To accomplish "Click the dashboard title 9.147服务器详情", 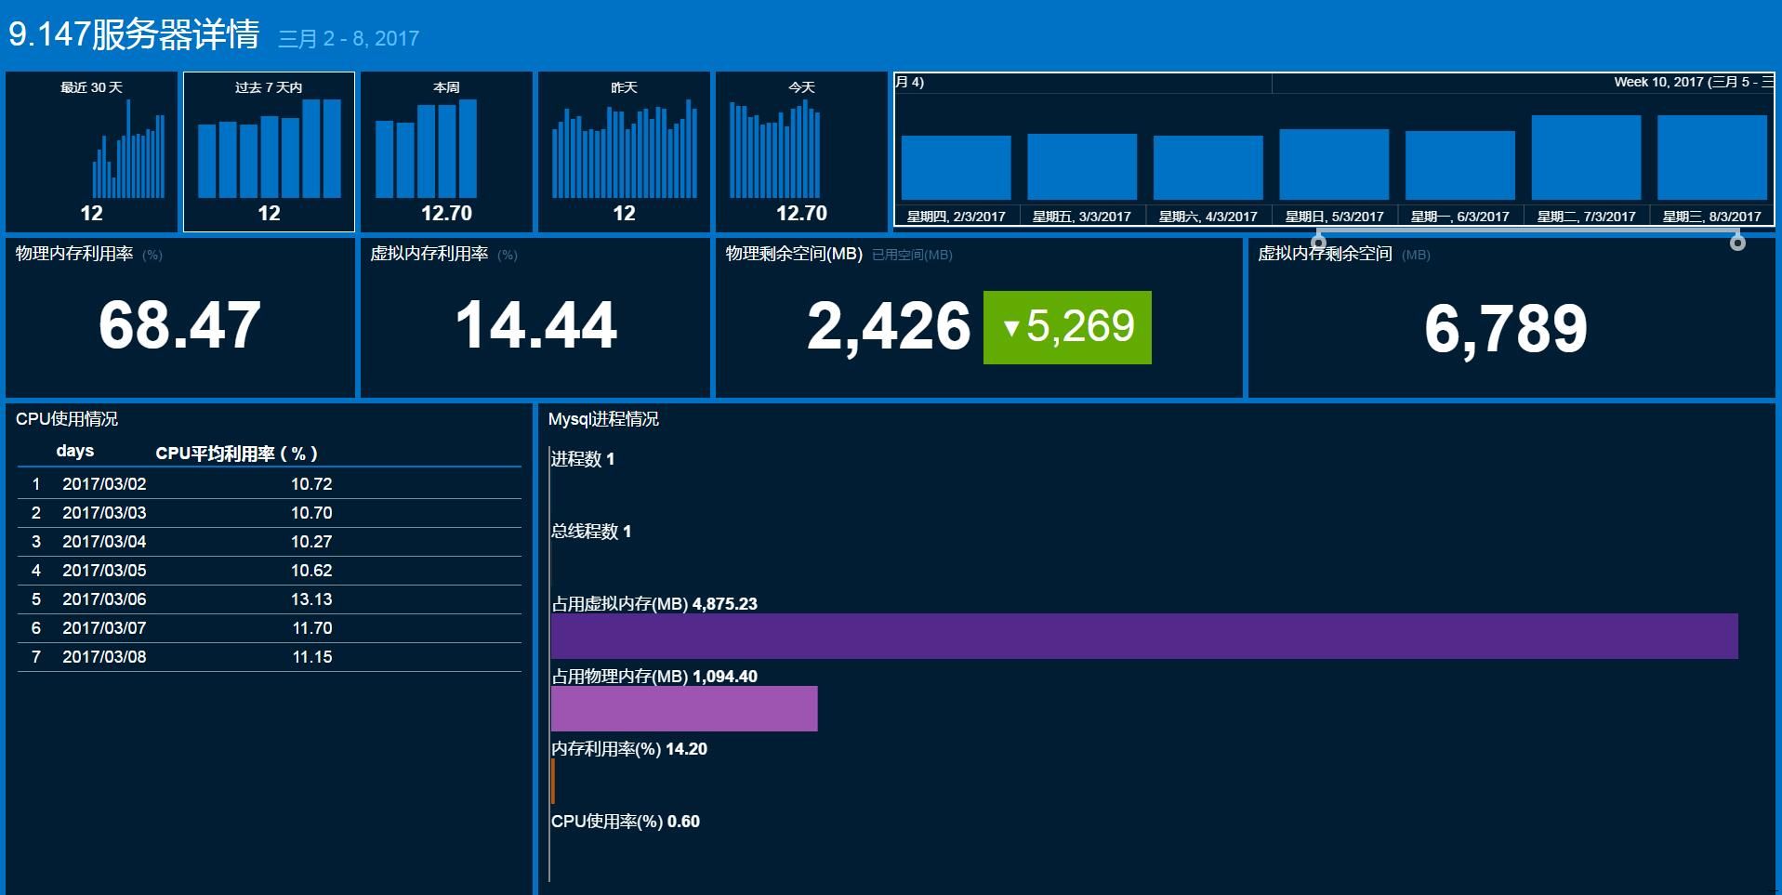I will (x=134, y=35).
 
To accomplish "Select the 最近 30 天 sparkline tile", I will (x=91, y=151).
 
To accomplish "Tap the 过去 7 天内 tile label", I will (x=269, y=87).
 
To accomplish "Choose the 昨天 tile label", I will (x=624, y=87).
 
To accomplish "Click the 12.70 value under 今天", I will (x=801, y=213).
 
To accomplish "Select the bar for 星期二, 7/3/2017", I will (x=1586, y=157).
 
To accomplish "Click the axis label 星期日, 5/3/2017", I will (x=1334, y=217).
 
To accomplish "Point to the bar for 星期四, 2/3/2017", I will (x=956, y=167).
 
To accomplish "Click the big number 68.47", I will (x=179, y=325).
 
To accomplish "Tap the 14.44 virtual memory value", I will (x=535, y=325).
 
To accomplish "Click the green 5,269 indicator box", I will (x=1067, y=327).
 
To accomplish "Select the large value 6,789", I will (x=1506, y=328).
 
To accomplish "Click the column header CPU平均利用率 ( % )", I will (x=236, y=454).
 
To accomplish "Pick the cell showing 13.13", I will (x=311, y=599).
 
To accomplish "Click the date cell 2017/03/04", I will (x=104, y=542).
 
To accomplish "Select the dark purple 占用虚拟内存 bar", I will (x=1143, y=637).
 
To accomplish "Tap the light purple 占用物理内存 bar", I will (x=684, y=709).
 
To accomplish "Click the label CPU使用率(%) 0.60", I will (x=625, y=822).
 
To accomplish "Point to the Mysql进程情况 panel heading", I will (x=603, y=419).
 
